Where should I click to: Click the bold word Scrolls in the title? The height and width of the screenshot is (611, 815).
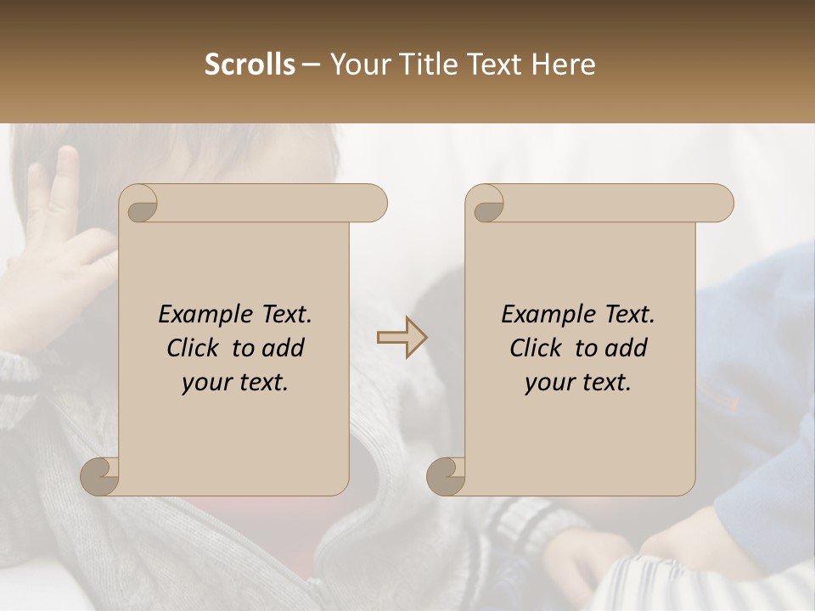tap(250, 64)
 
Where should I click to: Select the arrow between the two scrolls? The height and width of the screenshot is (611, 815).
tap(402, 338)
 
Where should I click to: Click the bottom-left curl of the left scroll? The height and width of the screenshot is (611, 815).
tap(100, 476)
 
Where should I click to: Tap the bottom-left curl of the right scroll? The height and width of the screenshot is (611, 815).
tap(447, 476)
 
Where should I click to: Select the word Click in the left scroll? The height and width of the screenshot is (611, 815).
tap(194, 348)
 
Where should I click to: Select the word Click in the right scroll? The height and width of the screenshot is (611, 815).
tap(537, 348)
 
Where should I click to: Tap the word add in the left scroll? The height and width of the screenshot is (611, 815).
tap(284, 348)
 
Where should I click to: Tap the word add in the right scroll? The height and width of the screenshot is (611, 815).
tap(627, 348)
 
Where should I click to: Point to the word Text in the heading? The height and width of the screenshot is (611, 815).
tap(492, 64)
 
